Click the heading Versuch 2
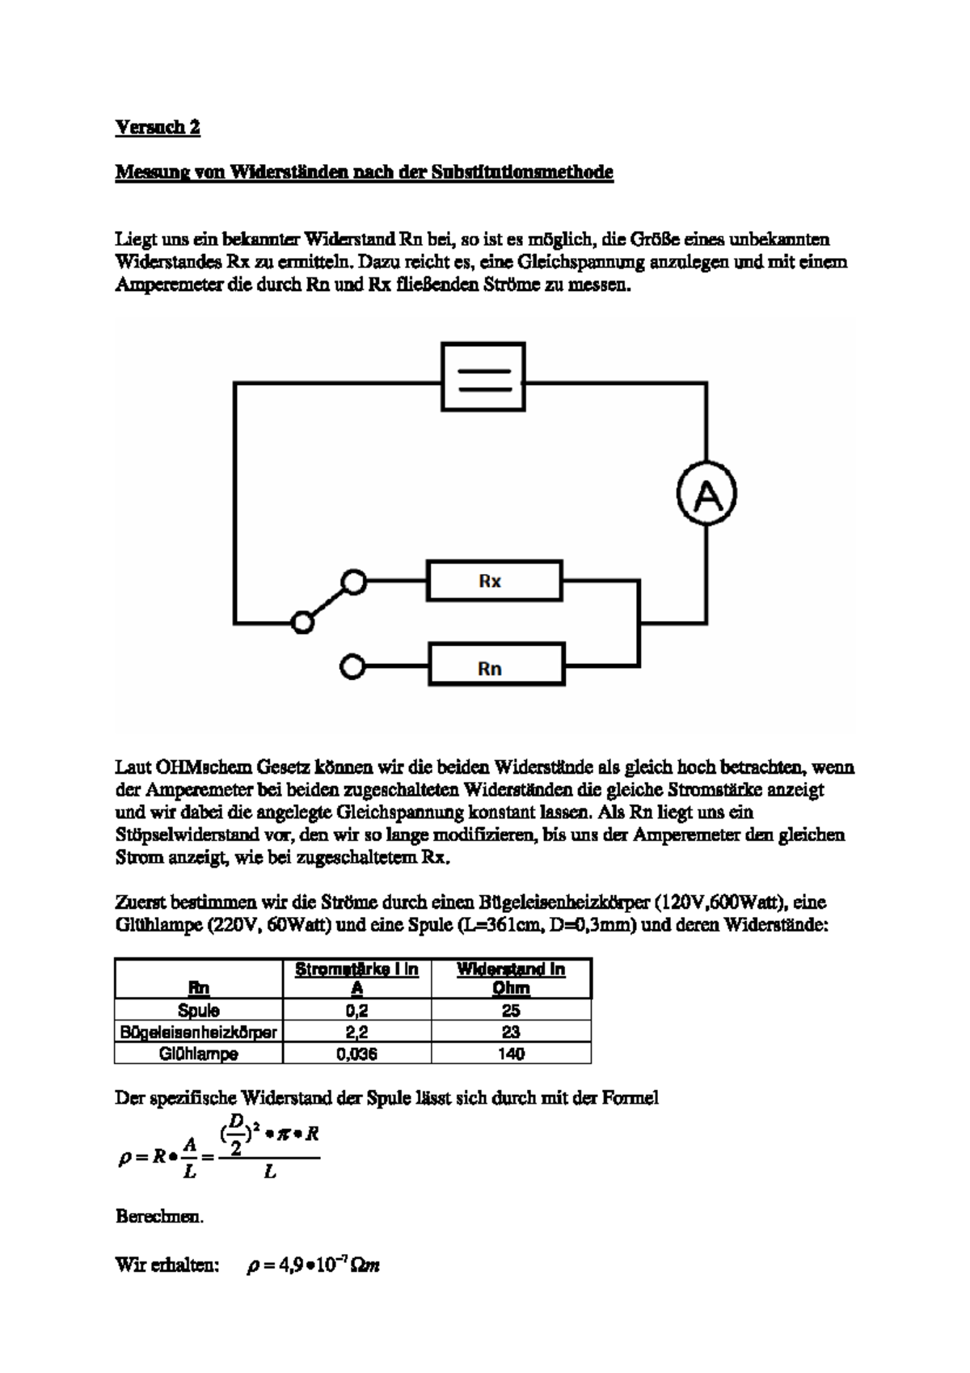click(158, 127)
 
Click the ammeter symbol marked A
click(706, 495)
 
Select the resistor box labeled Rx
click(494, 581)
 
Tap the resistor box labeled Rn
click(496, 669)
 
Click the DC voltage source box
click(483, 377)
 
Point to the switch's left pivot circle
click(302, 622)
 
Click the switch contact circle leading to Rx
click(353, 581)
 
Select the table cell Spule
click(199, 1010)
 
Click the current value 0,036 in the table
click(356, 1054)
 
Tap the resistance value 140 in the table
click(511, 1054)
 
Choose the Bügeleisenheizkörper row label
click(199, 1032)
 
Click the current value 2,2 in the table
click(356, 1032)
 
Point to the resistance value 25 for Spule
click(511, 1010)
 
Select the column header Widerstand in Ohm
click(511, 978)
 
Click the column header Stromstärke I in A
click(356, 978)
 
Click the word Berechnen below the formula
click(159, 1216)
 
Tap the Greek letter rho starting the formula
click(124, 1158)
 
